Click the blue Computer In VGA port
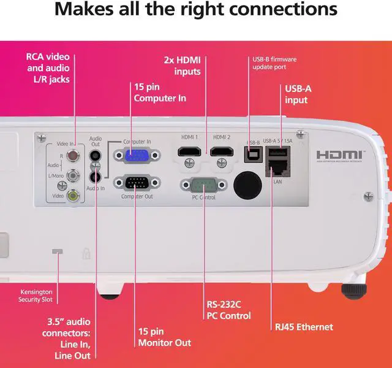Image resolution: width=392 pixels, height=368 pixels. [x=135, y=156]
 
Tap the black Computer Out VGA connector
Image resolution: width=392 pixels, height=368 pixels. [x=135, y=183]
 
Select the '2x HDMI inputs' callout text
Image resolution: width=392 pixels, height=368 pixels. [x=183, y=66]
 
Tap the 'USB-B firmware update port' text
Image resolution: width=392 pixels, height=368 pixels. [x=275, y=63]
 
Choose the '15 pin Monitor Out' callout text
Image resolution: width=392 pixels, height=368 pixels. [x=165, y=337]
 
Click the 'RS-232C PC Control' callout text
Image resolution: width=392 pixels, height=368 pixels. [x=228, y=310]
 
